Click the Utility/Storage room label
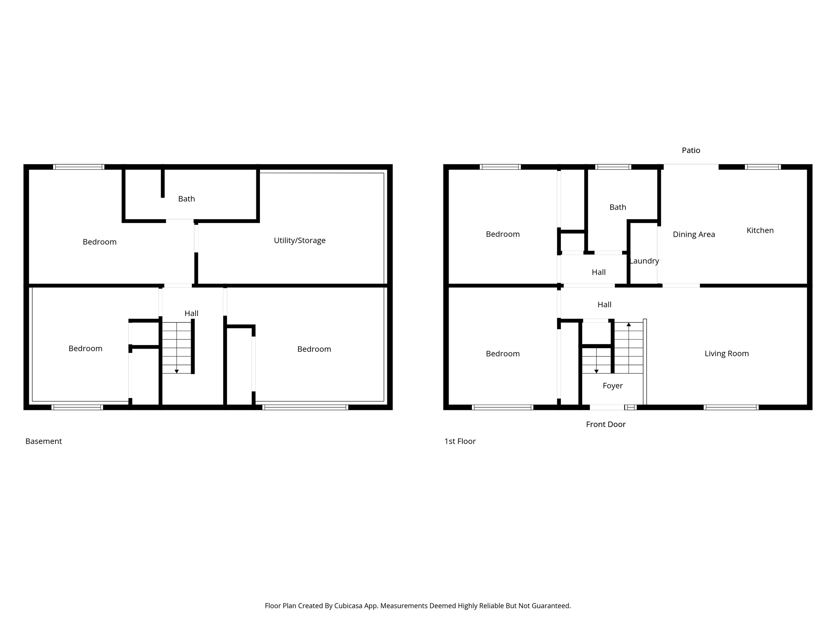(x=300, y=240)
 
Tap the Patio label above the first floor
(x=691, y=150)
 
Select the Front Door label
(x=605, y=424)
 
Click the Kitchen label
(x=760, y=230)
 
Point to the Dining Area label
(x=694, y=234)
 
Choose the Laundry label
(x=644, y=261)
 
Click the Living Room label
(x=726, y=354)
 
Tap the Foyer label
(x=612, y=386)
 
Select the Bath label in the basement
(x=186, y=199)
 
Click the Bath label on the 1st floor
(x=617, y=207)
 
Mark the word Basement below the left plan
(x=43, y=441)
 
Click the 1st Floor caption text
(x=460, y=441)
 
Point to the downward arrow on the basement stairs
(x=176, y=371)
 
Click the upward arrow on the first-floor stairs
(x=629, y=325)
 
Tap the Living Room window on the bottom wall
(x=731, y=407)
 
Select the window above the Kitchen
(x=763, y=167)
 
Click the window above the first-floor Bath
(x=613, y=167)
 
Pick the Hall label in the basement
(x=191, y=313)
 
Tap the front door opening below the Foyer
(x=607, y=407)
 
